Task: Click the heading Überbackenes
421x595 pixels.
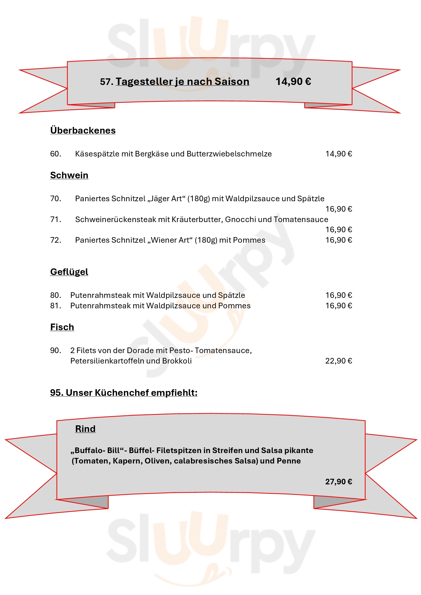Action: pyautogui.click(x=83, y=130)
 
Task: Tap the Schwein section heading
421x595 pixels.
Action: pyautogui.click(x=69, y=175)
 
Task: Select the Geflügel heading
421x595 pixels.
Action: pyautogui.click(x=69, y=272)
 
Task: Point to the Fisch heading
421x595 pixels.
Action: pyautogui.click(x=62, y=327)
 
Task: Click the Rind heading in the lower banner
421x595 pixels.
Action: pyautogui.click(x=85, y=429)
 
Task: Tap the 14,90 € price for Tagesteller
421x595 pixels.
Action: pyautogui.click(x=293, y=82)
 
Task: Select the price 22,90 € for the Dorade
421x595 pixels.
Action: pyautogui.click(x=339, y=361)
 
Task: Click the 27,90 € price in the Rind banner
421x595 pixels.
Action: pyautogui.click(x=339, y=482)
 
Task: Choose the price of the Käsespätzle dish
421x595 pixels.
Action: pyautogui.click(x=339, y=154)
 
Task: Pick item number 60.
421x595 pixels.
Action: pyautogui.click(x=55, y=154)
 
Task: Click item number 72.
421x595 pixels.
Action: pyautogui.click(x=55, y=240)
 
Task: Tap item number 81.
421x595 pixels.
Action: pyautogui.click(x=55, y=306)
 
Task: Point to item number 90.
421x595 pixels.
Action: pyautogui.click(x=55, y=350)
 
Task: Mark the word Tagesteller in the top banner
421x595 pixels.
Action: pyautogui.click(x=144, y=82)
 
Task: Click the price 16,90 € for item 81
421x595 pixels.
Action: pyautogui.click(x=339, y=306)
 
